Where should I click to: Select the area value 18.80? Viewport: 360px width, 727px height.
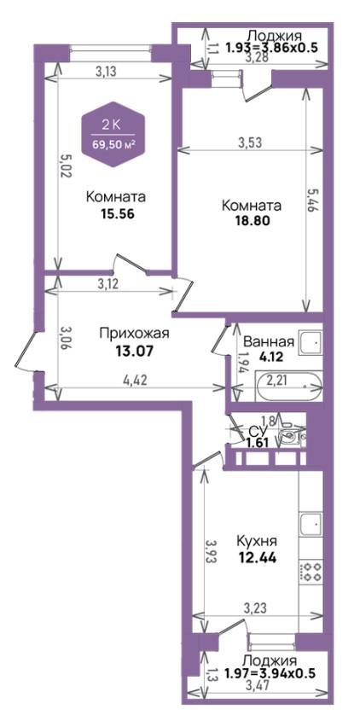click(x=252, y=220)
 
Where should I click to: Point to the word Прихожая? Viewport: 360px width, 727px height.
click(x=135, y=333)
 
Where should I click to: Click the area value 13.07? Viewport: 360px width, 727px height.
click(x=135, y=351)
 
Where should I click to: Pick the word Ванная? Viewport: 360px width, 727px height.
click(x=269, y=343)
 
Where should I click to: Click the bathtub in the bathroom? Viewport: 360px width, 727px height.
click(x=288, y=386)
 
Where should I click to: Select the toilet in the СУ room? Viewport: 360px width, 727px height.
click(x=291, y=435)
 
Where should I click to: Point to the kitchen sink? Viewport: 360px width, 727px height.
click(x=311, y=525)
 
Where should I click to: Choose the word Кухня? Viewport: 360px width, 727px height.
click(x=257, y=541)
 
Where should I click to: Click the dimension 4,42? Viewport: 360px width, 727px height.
click(x=135, y=381)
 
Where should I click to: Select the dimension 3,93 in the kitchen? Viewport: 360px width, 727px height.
click(x=212, y=550)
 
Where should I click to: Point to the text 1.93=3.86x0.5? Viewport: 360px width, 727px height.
click(x=271, y=47)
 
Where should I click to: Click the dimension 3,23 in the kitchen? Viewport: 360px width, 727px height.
click(x=258, y=607)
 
